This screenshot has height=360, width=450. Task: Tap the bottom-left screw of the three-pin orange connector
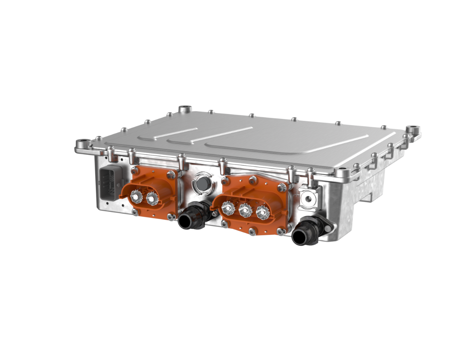pos(225,224)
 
